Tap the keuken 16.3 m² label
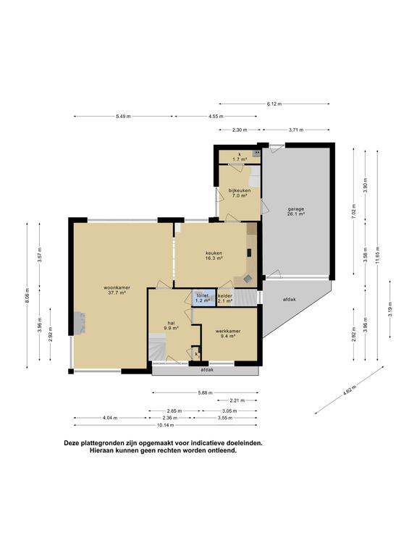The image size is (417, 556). [213, 255]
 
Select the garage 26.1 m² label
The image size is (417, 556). [295, 211]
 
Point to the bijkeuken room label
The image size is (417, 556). [239, 193]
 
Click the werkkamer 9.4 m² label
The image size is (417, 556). [228, 333]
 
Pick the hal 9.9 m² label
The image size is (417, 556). [171, 325]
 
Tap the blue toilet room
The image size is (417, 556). [202, 298]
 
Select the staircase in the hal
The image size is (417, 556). [159, 347]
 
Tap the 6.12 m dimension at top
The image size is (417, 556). [274, 104]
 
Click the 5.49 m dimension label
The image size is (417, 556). [123, 117]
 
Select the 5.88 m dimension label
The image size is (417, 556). [206, 393]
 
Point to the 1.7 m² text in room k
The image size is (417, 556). [240, 159]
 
